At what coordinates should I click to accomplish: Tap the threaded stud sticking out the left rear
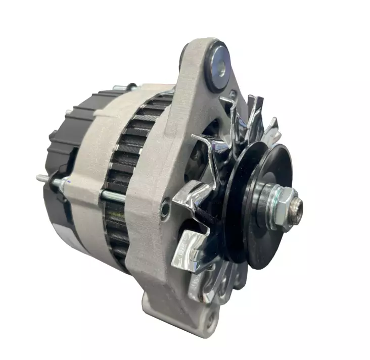tap(45, 178)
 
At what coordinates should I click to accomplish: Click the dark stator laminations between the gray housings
tap(126, 151)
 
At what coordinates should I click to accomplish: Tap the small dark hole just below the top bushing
tap(232, 94)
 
